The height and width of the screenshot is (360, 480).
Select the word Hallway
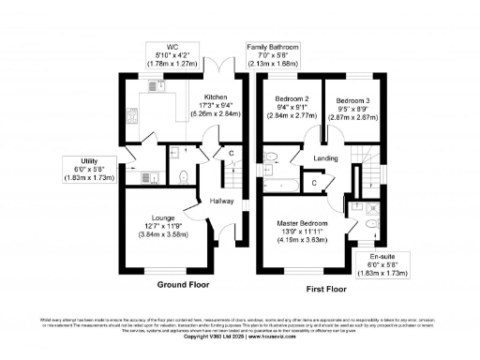[222, 201]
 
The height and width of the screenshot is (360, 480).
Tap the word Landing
[326, 158]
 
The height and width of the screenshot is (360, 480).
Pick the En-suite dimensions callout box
[381, 262]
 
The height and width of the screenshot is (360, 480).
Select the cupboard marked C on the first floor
[314, 184]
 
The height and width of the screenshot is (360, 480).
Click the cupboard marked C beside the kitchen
[231, 152]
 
